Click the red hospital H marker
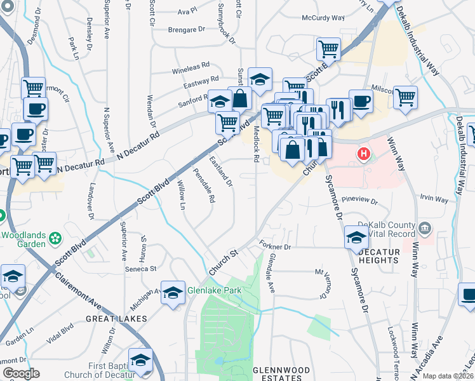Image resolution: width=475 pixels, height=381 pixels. click(364, 154)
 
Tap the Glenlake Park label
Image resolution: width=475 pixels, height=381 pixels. click(212, 293)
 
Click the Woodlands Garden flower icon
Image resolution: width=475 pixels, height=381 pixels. click(57, 239)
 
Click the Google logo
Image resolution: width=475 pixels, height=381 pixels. click(21, 373)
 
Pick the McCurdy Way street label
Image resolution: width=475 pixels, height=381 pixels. click(324, 19)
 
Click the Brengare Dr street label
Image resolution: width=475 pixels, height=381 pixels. click(187, 29)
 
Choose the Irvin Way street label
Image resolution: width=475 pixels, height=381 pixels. click(434, 199)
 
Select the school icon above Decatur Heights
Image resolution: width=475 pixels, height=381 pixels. click(356, 237)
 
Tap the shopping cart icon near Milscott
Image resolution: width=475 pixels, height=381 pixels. click(405, 97)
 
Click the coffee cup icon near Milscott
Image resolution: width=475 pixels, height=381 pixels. click(361, 100)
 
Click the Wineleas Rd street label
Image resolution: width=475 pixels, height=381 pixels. click(189, 66)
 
